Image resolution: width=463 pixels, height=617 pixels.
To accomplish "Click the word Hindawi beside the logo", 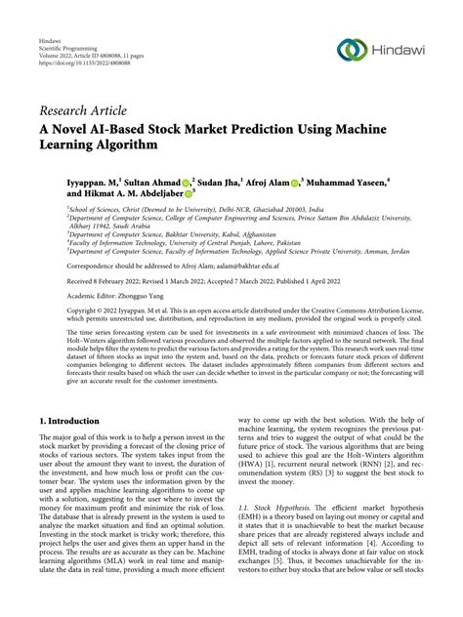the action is [x=400, y=50].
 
